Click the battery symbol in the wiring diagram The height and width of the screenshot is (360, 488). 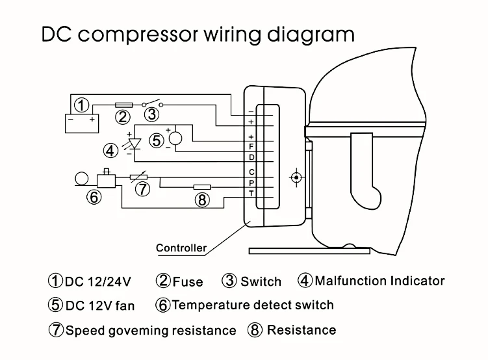coord(82,123)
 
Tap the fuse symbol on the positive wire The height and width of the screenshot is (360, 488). coord(124,105)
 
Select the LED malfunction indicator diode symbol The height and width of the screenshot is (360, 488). coord(135,144)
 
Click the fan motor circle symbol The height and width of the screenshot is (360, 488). coord(175,138)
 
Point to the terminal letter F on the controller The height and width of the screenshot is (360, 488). coord(251,146)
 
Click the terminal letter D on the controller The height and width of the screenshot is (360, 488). coord(251,157)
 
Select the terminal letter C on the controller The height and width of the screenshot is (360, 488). coord(251,172)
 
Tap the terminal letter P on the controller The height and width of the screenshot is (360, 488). coord(251,183)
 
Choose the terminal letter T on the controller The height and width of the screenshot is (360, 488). coord(251,194)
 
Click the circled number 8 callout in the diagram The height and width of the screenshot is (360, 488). coord(202,199)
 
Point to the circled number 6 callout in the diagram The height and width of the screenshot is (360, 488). coord(94,197)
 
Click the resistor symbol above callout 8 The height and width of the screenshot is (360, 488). coord(202,187)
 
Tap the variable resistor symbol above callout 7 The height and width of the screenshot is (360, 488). coord(139,177)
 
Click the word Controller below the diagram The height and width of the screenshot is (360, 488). coord(181,248)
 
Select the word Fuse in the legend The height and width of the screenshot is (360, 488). coord(188,282)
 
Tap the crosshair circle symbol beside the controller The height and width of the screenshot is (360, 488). coord(296,177)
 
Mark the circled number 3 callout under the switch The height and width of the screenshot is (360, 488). coord(152,114)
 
